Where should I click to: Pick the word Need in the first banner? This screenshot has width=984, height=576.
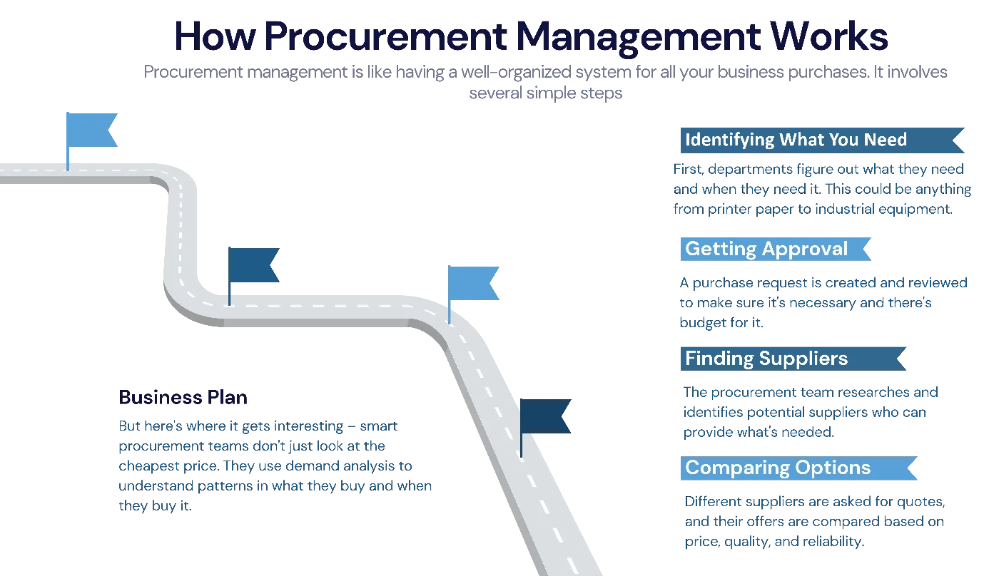point(885,140)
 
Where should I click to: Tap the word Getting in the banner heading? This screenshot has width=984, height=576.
point(716,249)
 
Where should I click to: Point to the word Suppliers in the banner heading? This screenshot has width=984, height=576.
point(803,358)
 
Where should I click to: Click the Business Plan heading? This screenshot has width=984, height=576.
point(184,396)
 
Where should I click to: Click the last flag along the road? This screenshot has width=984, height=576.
point(545,416)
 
